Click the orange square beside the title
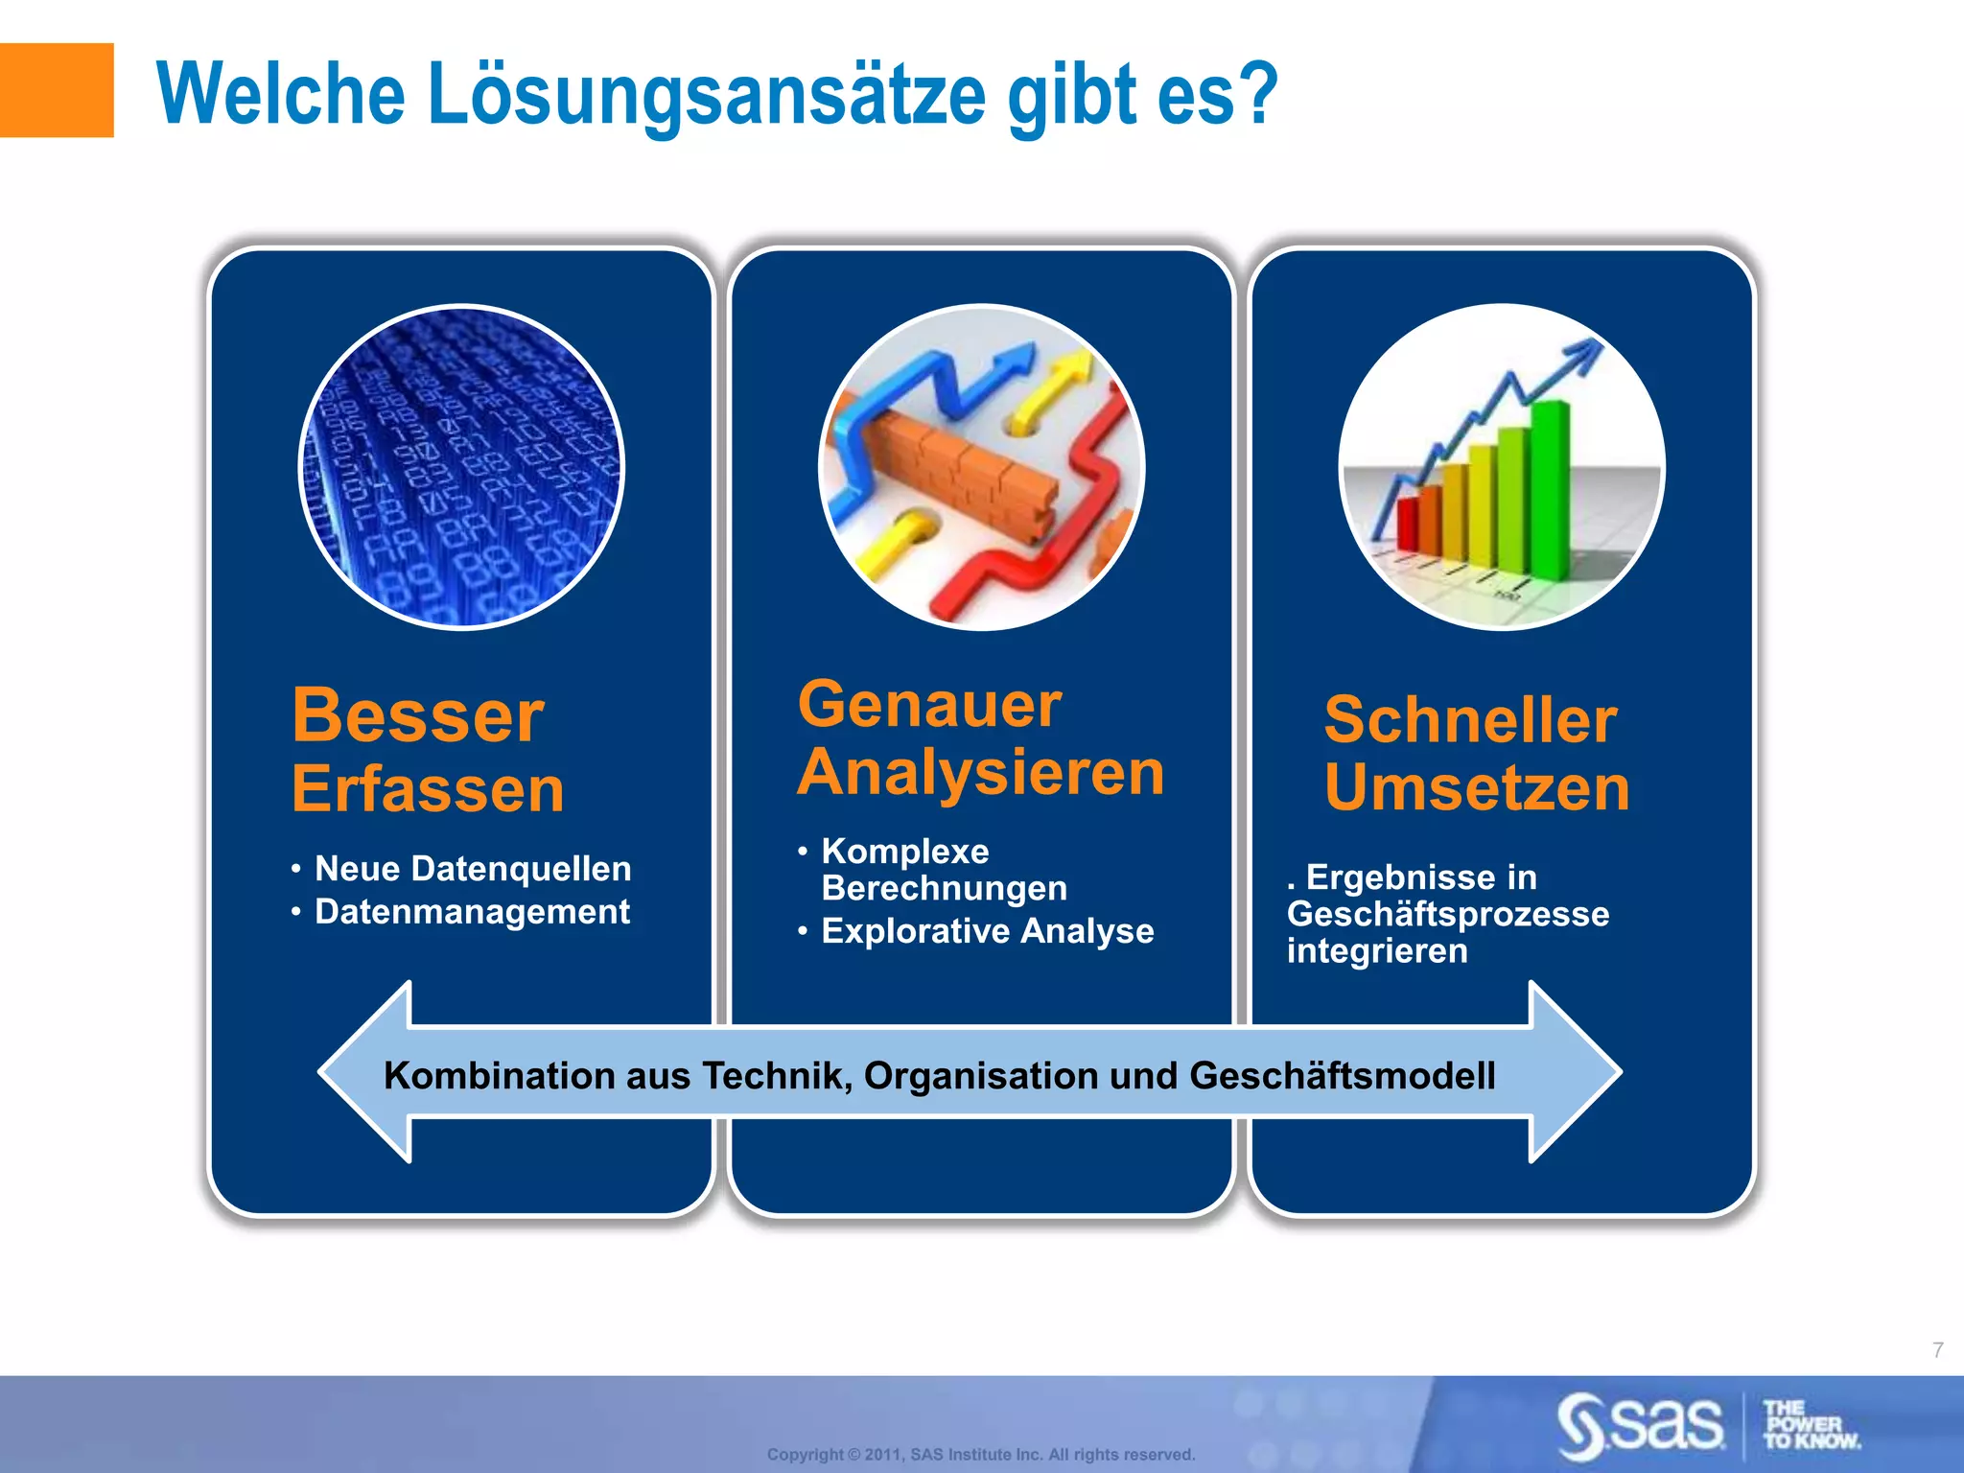coord(56,90)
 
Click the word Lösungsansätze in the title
coord(706,96)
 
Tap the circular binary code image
coord(462,467)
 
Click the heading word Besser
coord(418,716)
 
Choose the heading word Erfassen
coord(428,789)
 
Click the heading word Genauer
coord(929,705)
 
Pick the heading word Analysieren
coord(981,773)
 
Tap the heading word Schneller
coord(1470,720)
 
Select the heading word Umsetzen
coord(1477,788)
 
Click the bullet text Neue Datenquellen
coord(473,869)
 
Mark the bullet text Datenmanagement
coord(472,912)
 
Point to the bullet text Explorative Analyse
coord(987,931)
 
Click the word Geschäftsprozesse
coord(1448,914)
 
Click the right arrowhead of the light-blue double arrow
coord(1573,1072)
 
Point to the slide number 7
coord(1937,1350)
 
